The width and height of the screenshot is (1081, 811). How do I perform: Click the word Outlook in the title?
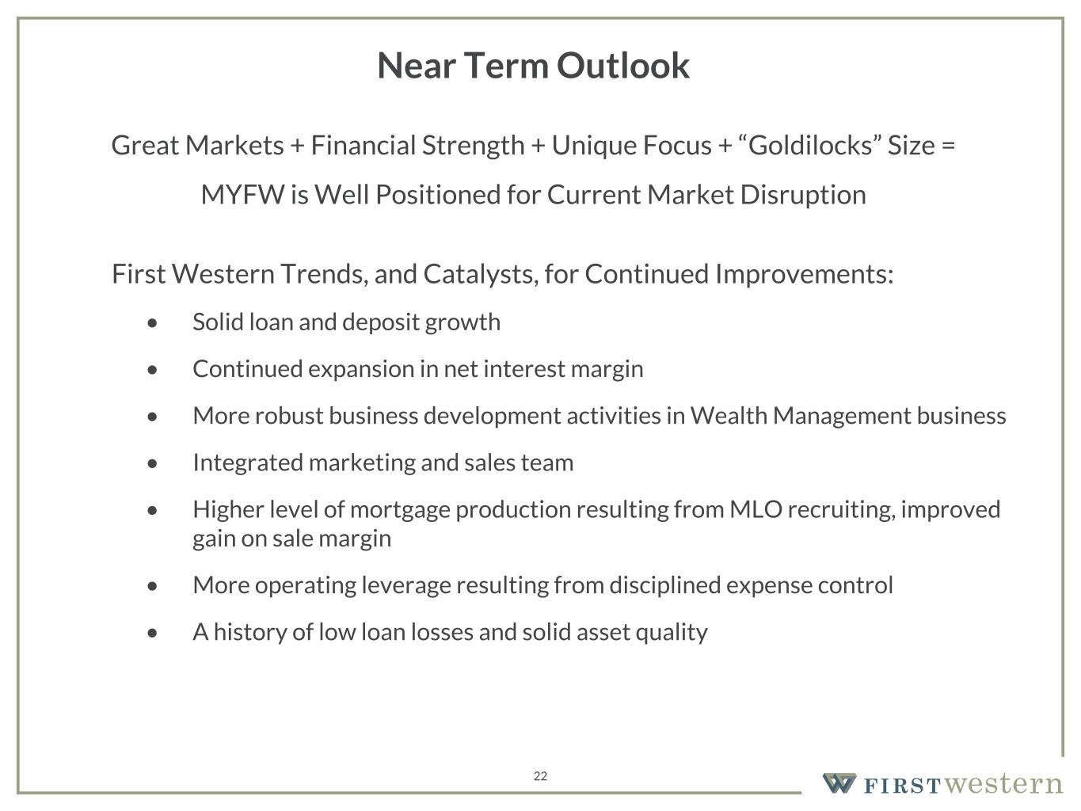pyautogui.click(x=623, y=66)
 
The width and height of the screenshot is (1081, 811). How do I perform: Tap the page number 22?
pyautogui.click(x=540, y=776)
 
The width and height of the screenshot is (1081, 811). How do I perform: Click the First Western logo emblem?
pyautogui.click(x=839, y=782)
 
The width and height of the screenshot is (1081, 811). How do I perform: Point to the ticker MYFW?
pyautogui.click(x=243, y=195)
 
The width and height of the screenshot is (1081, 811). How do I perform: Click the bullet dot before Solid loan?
pyautogui.click(x=152, y=323)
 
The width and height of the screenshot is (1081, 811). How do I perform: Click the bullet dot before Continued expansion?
pyautogui.click(x=152, y=370)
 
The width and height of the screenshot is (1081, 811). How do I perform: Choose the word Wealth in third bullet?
pyautogui.click(x=728, y=416)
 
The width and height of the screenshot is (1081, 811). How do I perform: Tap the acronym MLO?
pyautogui.click(x=756, y=509)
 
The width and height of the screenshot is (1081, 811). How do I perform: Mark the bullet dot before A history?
pyautogui.click(x=152, y=633)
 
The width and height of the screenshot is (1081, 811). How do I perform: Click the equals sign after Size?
pyautogui.click(x=949, y=146)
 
